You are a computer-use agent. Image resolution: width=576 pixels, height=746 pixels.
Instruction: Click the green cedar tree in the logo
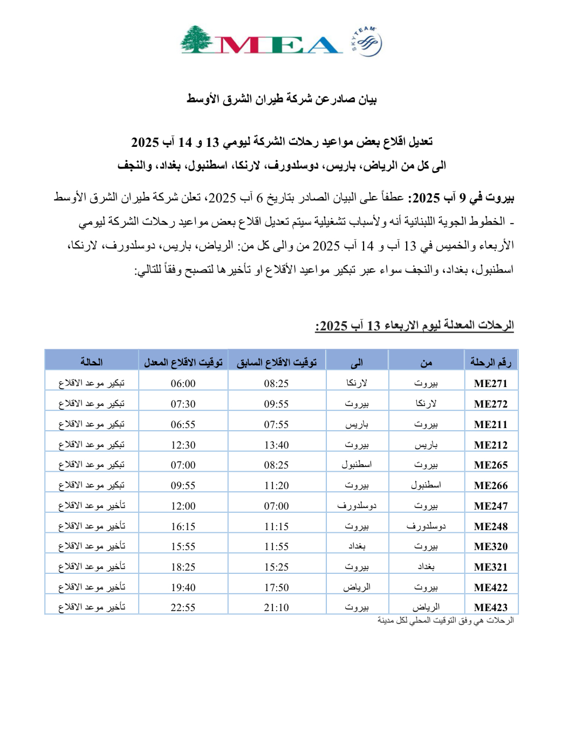coord(197,40)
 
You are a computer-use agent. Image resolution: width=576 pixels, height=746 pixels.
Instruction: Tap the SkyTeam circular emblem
coord(367,43)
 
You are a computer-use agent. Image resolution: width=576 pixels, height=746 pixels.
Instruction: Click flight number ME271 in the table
coord(490,383)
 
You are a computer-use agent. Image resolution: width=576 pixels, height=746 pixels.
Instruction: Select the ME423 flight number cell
coord(490,607)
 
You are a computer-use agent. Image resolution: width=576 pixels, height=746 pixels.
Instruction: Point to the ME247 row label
coord(490,506)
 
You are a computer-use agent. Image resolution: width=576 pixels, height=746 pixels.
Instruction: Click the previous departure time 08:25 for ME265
coord(276,465)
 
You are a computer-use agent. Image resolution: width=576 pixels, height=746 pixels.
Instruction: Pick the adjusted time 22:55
coord(183,607)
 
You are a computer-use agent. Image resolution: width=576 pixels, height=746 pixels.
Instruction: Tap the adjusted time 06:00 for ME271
coord(183,383)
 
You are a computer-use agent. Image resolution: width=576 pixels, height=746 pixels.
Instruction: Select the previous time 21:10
coord(276,607)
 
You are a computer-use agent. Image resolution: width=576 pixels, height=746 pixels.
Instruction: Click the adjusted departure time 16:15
coord(183,526)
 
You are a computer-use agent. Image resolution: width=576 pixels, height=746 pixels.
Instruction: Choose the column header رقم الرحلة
coord(490,362)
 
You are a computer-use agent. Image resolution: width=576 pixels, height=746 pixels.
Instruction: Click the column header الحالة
coord(91,362)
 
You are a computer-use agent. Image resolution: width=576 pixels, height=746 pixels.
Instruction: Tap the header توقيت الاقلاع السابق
coord(276,362)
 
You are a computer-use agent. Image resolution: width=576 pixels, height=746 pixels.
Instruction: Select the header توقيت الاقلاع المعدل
coord(183,362)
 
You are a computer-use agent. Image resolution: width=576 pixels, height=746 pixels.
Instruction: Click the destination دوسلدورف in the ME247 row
coord(356,506)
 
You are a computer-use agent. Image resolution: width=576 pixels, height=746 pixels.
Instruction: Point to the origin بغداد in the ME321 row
coord(426,567)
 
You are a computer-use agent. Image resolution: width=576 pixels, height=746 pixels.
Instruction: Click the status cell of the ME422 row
coord(92,587)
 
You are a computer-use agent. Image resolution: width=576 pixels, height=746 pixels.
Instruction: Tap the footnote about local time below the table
coord(445,621)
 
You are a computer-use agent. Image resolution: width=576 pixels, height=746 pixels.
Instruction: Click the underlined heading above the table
coord(414,325)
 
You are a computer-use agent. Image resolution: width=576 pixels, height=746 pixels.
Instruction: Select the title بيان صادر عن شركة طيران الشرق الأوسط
coord(282,99)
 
